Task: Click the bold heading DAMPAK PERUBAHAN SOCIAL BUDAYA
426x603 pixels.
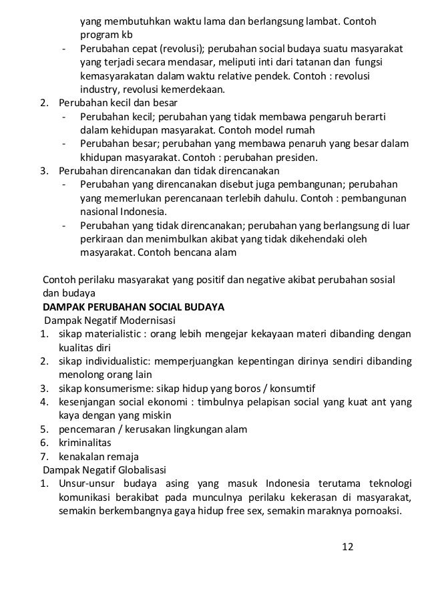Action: (x=134, y=307)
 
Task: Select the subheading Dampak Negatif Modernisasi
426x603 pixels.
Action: (x=108, y=320)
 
